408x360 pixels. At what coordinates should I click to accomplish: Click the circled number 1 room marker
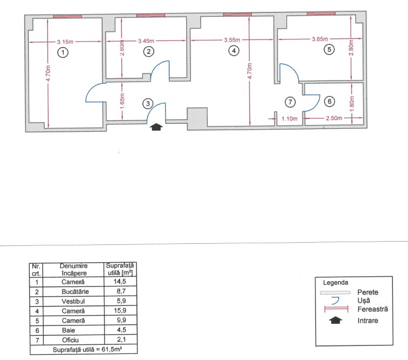click(x=63, y=52)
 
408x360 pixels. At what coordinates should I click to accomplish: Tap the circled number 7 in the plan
click(x=290, y=102)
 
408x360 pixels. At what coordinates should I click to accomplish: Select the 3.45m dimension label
click(x=146, y=41)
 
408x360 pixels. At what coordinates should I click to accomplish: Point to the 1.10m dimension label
click(x=289, y=118)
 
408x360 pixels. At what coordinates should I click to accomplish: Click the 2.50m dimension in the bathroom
click(x=334, y=118)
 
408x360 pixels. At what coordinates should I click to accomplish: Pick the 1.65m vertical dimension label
click(x=122, y=102)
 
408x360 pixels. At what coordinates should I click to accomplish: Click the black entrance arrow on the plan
click(x=156, y=127)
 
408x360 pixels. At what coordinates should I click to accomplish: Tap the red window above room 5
click(x=321, y=14)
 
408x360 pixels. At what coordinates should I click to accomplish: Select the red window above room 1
click(x=68, y=16)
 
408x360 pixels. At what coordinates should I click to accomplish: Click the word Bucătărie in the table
click(x=75, y=292)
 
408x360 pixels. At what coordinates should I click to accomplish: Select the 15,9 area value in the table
click(x=120, y=310)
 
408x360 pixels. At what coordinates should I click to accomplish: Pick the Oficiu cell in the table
click(x=70, y=340)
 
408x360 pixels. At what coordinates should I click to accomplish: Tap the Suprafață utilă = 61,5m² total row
click(x=87, y=349)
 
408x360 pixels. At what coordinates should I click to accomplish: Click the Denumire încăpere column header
click(x=74, y=270)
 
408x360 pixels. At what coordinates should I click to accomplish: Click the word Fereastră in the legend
click(x=373, y=309)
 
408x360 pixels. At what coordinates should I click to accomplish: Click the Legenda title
click(x=335, y=283)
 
